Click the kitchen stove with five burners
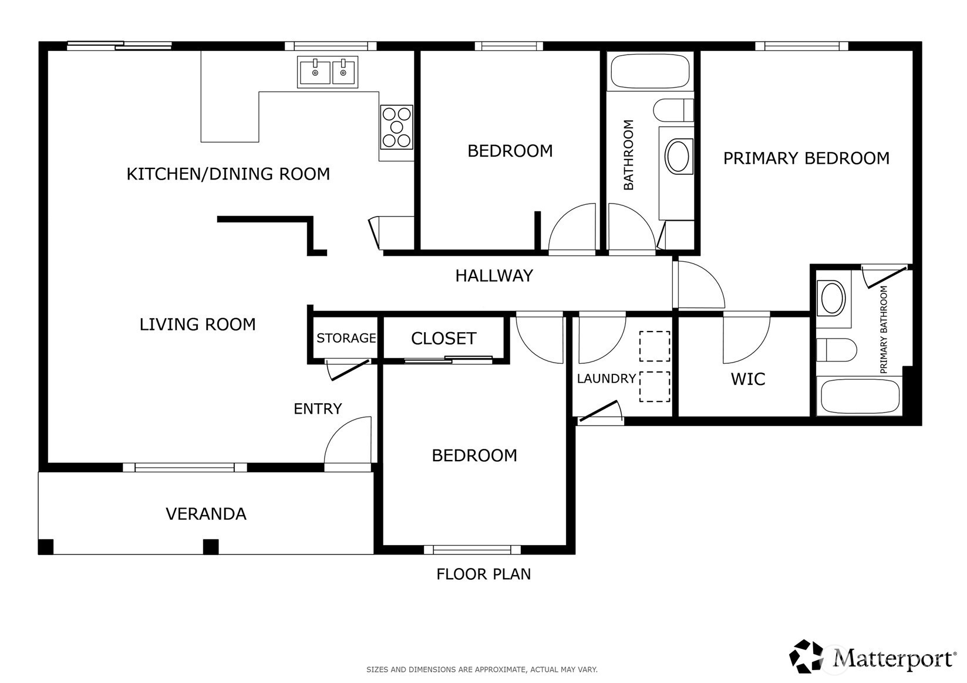point(396,127)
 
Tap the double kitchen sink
point(328,72)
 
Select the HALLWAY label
point(494,276)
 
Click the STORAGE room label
point(346,338)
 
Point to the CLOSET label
point(444,339)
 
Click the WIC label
point(748,379)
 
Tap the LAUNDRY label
point(607,378)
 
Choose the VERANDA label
point(206,514)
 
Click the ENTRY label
point(318,408)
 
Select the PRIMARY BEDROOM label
point(806,158)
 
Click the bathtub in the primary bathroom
point(860,397)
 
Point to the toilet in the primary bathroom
point(836,350)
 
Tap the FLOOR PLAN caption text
point(484,574)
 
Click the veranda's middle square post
point(211,547)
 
